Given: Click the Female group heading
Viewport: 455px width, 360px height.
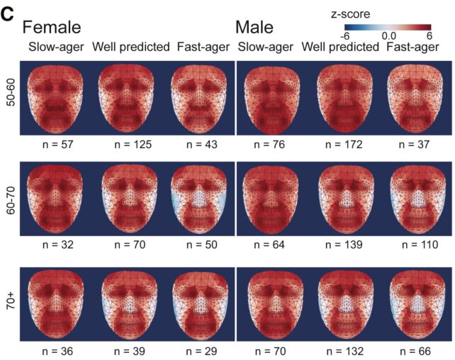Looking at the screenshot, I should (x=52, y=28).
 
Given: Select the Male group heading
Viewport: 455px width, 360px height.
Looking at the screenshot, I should (x=256, y=28).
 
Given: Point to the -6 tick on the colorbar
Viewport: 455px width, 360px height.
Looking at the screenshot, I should (x=344, y=35).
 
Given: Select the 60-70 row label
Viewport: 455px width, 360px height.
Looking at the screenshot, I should (x=10, y=200).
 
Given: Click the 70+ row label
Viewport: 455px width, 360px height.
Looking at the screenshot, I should (x=10, y=305).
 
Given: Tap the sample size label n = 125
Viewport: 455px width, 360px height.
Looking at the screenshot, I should (x=130, y=145).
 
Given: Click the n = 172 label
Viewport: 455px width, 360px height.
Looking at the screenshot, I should (x=343, y=145).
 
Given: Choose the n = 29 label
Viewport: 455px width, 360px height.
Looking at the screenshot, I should (x=199, y=349).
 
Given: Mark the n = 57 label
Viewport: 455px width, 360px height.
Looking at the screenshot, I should (x=57, y=145).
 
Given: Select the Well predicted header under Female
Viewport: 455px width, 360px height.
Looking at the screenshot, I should (x=131, y=47).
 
